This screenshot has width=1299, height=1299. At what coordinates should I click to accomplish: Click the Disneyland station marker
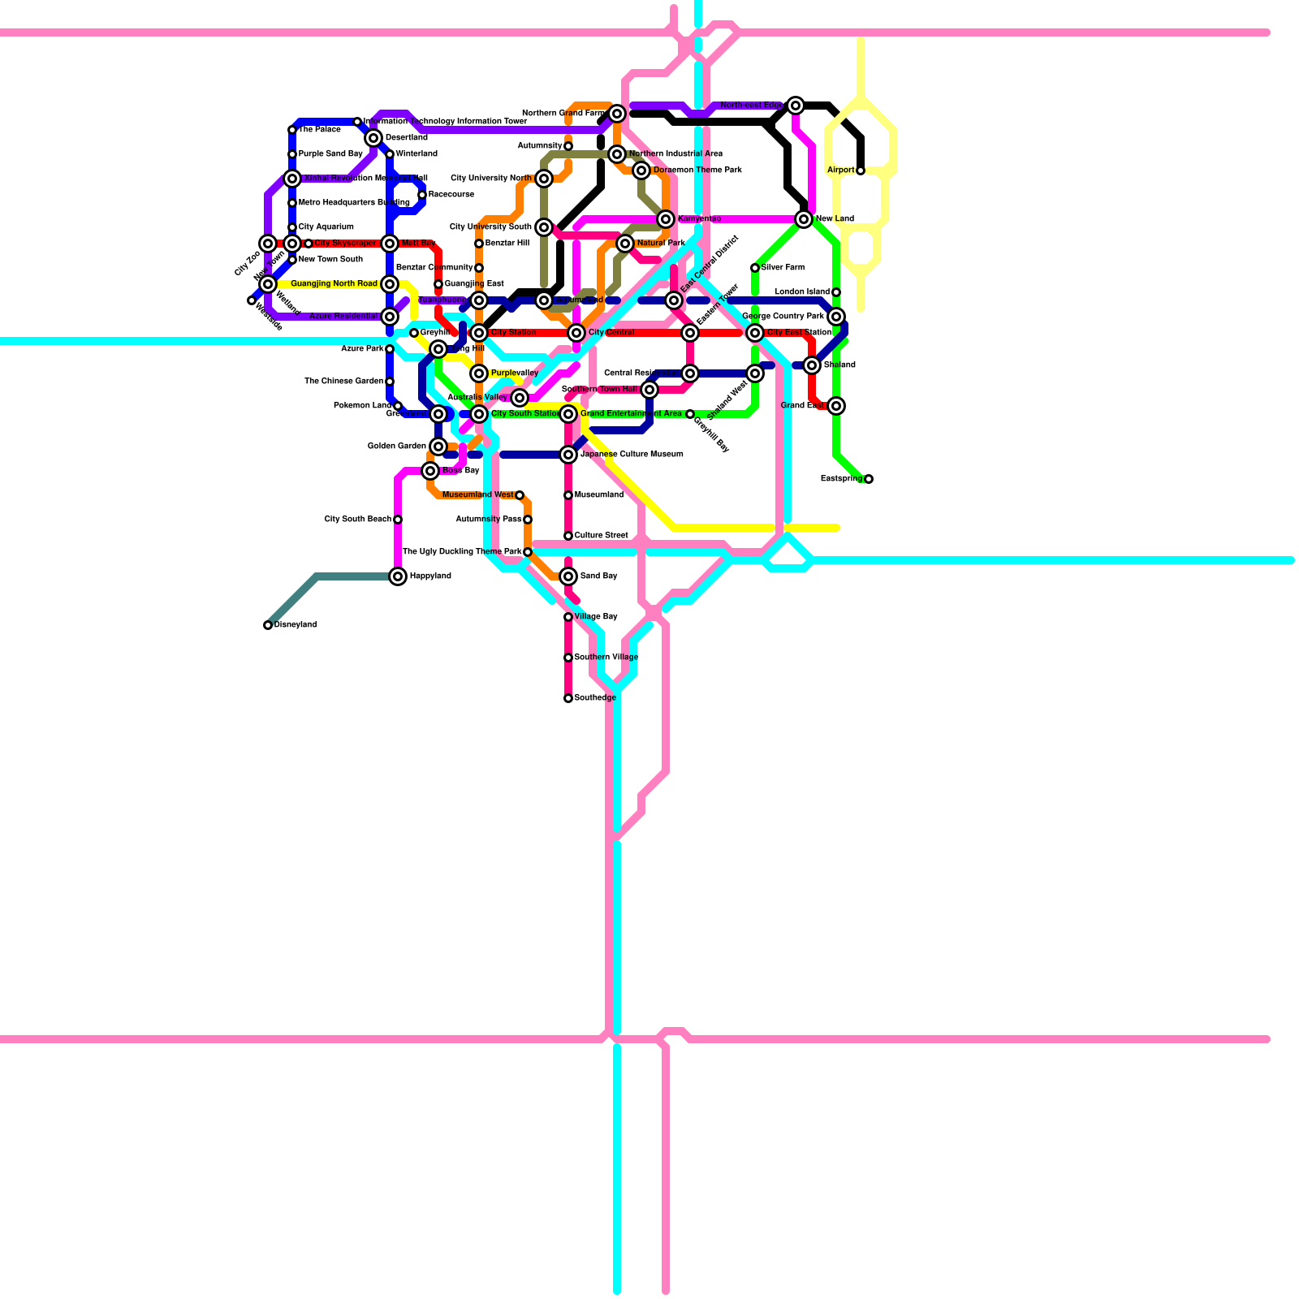268,625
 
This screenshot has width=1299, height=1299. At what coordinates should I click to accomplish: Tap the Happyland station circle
398,576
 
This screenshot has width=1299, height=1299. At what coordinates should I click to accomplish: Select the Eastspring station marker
869,479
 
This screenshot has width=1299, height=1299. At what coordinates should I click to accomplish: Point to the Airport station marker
861,170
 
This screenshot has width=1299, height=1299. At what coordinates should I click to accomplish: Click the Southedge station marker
568,698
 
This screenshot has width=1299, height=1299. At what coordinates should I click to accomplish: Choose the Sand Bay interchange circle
568,576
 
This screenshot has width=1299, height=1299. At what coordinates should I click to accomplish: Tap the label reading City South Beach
357,520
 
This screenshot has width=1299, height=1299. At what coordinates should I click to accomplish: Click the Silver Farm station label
783,268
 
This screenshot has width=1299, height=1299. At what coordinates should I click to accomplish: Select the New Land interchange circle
804,219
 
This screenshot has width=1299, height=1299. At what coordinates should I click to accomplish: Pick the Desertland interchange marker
373,138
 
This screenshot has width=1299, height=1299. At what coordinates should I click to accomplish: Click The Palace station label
320,130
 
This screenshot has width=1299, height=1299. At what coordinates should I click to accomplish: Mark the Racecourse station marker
422,195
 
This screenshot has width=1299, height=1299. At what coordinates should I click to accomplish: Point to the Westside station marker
252,301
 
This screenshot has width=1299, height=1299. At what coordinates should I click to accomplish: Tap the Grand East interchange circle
836,406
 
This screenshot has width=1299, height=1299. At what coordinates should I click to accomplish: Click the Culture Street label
601,536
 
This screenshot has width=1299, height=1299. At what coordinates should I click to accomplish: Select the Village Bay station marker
568,617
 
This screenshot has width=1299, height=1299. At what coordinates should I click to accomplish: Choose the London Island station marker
836,292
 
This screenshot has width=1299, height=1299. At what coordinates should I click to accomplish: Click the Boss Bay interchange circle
430,471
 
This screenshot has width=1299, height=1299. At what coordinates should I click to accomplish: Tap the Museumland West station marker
520,495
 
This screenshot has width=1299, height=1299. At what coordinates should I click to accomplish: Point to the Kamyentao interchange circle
666,219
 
